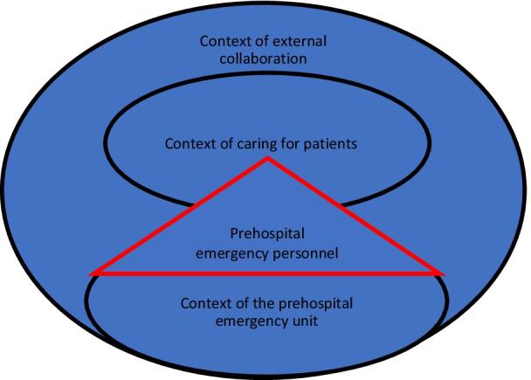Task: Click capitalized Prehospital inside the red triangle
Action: [x=266, y=234]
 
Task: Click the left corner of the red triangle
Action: [x=91, y=273]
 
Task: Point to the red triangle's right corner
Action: [x=445, y=273]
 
